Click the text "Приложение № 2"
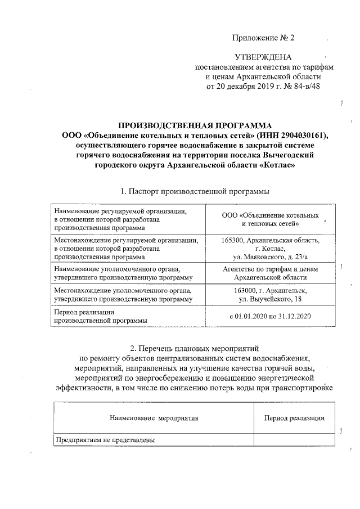(x=263, y=38)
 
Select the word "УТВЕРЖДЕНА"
(x=263, y=57)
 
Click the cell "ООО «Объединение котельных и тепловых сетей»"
(x=271, y=220)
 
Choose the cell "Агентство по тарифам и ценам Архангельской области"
(x=271, y=273)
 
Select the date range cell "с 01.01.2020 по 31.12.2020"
(x=271, y=316)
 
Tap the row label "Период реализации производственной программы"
(x=101, y=316)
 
